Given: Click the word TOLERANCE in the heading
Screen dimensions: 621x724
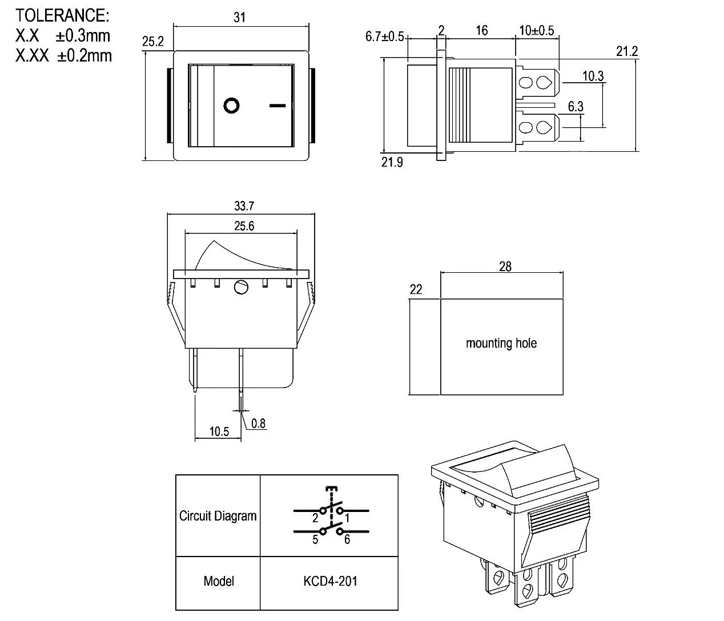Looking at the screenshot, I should [61, 15].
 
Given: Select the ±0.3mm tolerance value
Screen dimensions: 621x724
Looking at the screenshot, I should [83, 35].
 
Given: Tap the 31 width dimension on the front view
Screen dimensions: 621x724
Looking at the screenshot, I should [239, 18].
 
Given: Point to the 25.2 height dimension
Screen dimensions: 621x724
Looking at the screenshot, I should [152, 42].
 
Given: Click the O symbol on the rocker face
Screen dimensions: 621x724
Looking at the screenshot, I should [231, 106].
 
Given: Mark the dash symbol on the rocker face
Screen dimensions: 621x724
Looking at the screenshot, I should [277, 106].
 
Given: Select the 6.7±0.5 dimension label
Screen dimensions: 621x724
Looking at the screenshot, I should [384, 37].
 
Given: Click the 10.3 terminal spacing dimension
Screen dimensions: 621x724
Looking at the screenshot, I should [593, 76].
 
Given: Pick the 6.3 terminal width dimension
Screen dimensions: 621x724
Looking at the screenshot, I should [576, 107].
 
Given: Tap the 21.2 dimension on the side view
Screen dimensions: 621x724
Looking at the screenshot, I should [626, 51].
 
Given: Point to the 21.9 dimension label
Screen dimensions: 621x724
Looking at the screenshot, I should [392, 163].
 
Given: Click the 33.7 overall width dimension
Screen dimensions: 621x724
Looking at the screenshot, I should [244, 206].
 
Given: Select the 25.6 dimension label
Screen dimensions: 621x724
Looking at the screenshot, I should [244, 226].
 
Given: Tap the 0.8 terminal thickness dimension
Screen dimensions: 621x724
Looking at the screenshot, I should [258, 424].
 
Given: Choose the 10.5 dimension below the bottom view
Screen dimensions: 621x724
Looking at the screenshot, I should [219, 432].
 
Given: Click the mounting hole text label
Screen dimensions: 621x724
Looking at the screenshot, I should [501, 343].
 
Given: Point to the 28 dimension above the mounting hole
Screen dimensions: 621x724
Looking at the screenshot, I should [505, 267].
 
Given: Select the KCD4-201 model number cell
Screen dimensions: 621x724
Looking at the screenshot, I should [330, 581].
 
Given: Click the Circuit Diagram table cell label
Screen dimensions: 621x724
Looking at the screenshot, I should [218, 516].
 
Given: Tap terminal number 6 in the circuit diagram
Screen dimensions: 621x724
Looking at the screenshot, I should [347, 540].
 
